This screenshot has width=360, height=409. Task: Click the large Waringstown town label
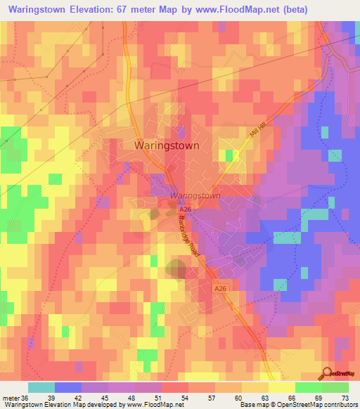[x=166, y=145]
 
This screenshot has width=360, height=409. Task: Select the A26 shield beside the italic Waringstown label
[x=185, y=209]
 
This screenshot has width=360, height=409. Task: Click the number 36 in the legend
[x=27, y=397]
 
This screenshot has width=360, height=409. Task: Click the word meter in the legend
[x=11, y=397]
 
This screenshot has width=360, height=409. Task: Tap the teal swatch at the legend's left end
[x=41, y=387]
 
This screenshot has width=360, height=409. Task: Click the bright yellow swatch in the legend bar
[x=281, y=387]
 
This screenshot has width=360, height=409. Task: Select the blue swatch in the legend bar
[x=67, y=387]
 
